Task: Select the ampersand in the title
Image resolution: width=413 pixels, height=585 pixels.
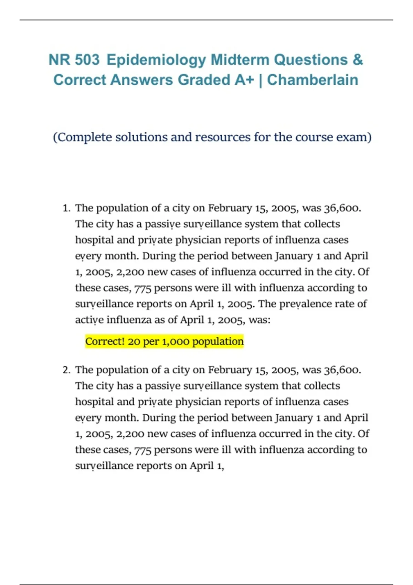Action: [358, 60]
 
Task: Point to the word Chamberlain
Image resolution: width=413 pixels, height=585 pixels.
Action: [313, 80]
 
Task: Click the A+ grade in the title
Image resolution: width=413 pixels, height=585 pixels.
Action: [244, 80]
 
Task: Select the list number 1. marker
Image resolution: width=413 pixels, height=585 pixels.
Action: [67, 208]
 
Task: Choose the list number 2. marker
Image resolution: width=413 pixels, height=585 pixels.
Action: [67, 370]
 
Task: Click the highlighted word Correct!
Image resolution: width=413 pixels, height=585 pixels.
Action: [105, 341]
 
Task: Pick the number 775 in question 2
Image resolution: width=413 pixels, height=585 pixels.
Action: [143, 450]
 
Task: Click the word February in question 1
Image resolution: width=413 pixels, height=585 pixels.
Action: [230, 208]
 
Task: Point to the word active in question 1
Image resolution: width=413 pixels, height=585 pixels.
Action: [89, 320]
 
